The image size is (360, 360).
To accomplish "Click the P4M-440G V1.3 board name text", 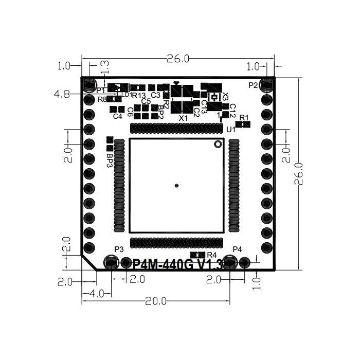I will pos(177,265).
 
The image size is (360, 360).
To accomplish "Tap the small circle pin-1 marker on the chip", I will pos(218,144).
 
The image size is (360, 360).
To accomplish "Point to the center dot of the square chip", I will pos(176,185).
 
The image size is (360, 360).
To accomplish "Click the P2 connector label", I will pos(253,85).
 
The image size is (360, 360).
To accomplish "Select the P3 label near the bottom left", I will pos(119,249).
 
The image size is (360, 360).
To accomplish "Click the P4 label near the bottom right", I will pos(237,249).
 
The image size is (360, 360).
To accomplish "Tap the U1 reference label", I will pos(230,129).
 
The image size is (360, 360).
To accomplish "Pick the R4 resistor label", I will pos(211,255).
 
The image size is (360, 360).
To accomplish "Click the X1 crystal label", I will pos(183,118).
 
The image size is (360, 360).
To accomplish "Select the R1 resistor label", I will pos(244,117).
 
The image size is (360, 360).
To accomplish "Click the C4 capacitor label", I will pos(118,116).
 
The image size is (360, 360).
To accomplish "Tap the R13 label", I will pos(139,96).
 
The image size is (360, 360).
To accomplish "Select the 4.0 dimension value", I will pos(97,293).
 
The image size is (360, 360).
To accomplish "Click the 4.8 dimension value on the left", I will pos(62,94).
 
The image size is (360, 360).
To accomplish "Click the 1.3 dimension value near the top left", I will pos(103,66).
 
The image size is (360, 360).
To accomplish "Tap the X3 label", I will pos(225,97).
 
